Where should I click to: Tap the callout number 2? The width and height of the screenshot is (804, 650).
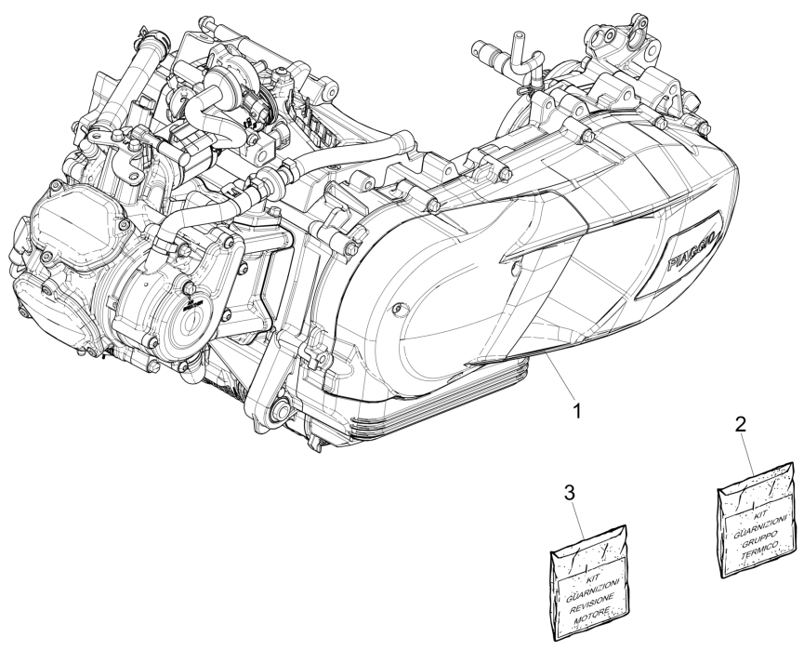(740, 425)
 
